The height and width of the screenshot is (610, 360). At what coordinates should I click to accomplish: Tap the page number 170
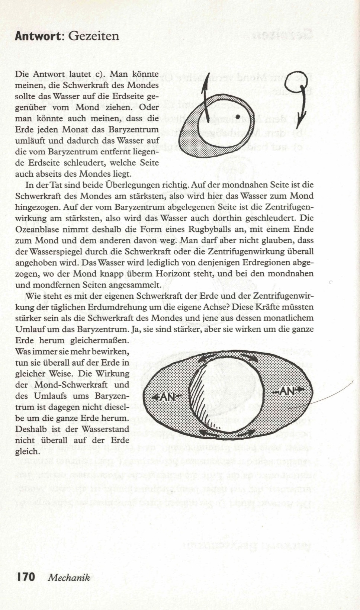click(x=26, y=577)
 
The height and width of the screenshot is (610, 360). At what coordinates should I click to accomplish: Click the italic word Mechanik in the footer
click(x=69, y=578)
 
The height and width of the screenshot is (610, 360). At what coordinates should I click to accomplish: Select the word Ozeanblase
click(x=34, y=229)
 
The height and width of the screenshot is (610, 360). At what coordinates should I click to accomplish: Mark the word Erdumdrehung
click(x=120, y=307)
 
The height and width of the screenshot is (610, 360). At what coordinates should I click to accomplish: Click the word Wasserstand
click(x=105, y=429)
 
